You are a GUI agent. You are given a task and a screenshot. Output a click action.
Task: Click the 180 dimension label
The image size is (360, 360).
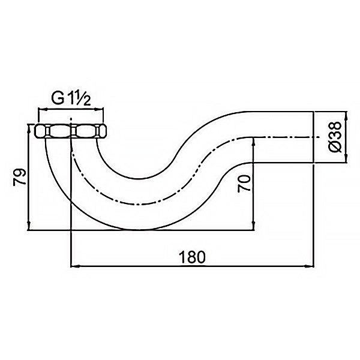[192, 257]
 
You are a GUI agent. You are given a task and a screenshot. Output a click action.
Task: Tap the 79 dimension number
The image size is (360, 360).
[20, 177]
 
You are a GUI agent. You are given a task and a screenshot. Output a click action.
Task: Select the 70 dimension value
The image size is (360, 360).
[244, 184]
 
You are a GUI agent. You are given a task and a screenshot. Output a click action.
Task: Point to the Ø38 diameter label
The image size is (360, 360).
[335, 137]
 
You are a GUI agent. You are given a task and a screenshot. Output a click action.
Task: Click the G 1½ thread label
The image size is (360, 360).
[71, 99]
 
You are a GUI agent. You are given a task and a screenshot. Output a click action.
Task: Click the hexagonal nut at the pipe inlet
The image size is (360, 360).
[71, 131]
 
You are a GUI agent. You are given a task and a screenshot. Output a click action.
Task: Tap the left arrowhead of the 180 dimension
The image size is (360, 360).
[75, 266]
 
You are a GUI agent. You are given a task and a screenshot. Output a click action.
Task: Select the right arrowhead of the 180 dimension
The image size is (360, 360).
[309, 266]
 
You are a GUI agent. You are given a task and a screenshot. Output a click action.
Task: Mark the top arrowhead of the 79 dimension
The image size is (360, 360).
[28, 128]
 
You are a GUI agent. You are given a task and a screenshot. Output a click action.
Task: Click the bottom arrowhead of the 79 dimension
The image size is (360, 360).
[28, 225]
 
